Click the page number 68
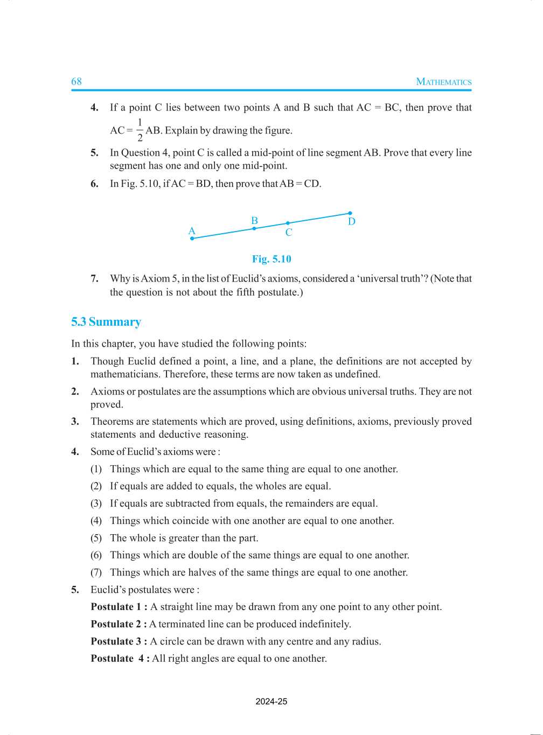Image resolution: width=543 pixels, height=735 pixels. point(76,81)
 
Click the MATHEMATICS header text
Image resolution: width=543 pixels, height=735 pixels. point(443,82)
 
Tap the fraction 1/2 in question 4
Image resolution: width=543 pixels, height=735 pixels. point(140,130)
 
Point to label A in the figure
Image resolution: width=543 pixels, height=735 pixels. point(191,231)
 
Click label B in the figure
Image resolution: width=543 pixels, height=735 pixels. point(254,221)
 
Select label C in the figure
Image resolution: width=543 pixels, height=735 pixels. point(289,233)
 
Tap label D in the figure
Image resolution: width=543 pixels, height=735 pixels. point(351,222)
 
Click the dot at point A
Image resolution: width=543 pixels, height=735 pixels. point(192,239)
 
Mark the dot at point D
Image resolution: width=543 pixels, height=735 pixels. point(350,213)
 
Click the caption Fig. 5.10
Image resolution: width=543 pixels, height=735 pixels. point(271,259)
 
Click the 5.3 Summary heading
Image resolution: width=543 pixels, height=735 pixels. point(106,322)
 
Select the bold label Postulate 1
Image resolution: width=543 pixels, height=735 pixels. point(119,607)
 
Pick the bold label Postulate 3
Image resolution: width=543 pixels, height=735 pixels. point(119,641)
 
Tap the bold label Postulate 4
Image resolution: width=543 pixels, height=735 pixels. point(120,659)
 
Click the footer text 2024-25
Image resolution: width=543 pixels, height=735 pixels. point(271,702)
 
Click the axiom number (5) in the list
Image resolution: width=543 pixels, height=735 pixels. point(96,538)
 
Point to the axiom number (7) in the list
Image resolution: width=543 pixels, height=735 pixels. point(96,572)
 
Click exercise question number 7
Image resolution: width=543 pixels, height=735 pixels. point(94,278)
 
